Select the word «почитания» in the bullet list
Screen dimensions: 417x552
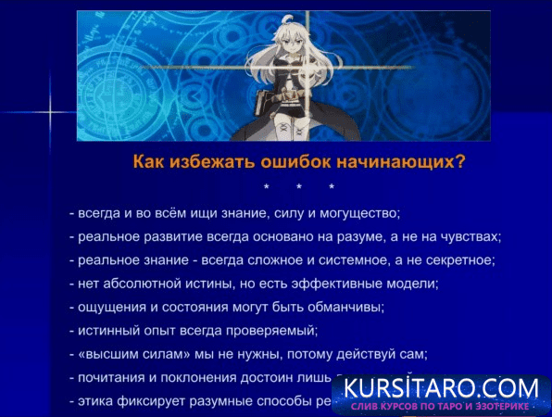pos(110,378)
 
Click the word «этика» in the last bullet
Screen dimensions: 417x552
pos(94,401)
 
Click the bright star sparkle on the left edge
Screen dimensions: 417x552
pos(47,112)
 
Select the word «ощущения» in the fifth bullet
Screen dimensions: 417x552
pos(108,307)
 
